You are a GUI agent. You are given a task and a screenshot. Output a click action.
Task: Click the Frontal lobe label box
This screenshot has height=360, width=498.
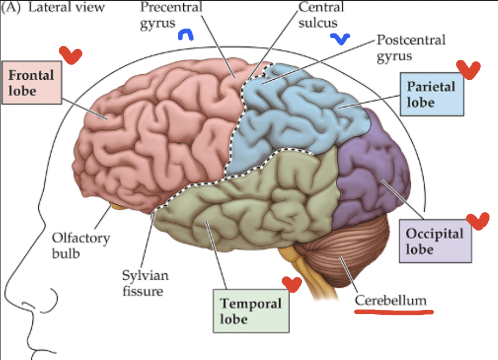point(31,82)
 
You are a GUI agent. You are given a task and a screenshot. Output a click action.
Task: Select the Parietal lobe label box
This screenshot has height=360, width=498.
point(431,94)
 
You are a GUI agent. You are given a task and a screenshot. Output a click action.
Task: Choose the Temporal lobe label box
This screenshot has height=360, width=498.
point(251,310)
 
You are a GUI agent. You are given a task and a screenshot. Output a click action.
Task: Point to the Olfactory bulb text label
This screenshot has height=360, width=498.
point(81,245)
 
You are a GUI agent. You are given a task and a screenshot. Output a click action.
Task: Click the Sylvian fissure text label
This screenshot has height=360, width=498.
point(145,283)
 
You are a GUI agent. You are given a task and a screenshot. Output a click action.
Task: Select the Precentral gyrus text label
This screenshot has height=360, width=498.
point(171,16)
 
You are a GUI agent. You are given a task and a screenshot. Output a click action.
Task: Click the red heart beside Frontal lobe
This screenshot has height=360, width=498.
point(70,54)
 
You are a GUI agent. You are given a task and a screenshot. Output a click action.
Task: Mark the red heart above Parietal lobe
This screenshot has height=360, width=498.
point(468,69)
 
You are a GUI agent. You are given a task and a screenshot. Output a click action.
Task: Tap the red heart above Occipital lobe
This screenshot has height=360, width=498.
point(477,220)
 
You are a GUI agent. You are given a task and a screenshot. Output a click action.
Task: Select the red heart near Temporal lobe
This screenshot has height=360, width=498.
point(292,284)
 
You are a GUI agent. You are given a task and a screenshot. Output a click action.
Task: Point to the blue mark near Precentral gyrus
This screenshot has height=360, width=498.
point(186,35)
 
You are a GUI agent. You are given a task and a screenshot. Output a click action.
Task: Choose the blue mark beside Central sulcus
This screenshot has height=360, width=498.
point(340,38)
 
